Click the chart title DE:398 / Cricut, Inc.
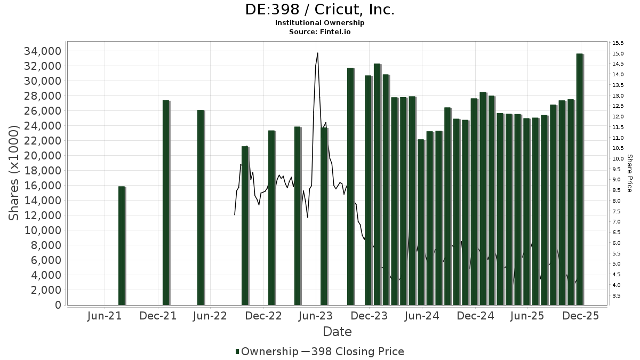tap(320, 10)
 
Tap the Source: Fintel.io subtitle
tap(320, 31)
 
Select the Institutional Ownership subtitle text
tap(320, 23)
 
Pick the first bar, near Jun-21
tap(122, 245)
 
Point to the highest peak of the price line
tap(317, 53)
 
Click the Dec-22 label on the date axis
tap(263, 316)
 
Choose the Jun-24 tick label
tap(422, 316)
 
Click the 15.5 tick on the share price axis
tap(619, 43)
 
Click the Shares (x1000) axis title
tap(14, 173)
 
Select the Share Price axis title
tap(630, 173)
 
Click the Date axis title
tap(337, 332)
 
